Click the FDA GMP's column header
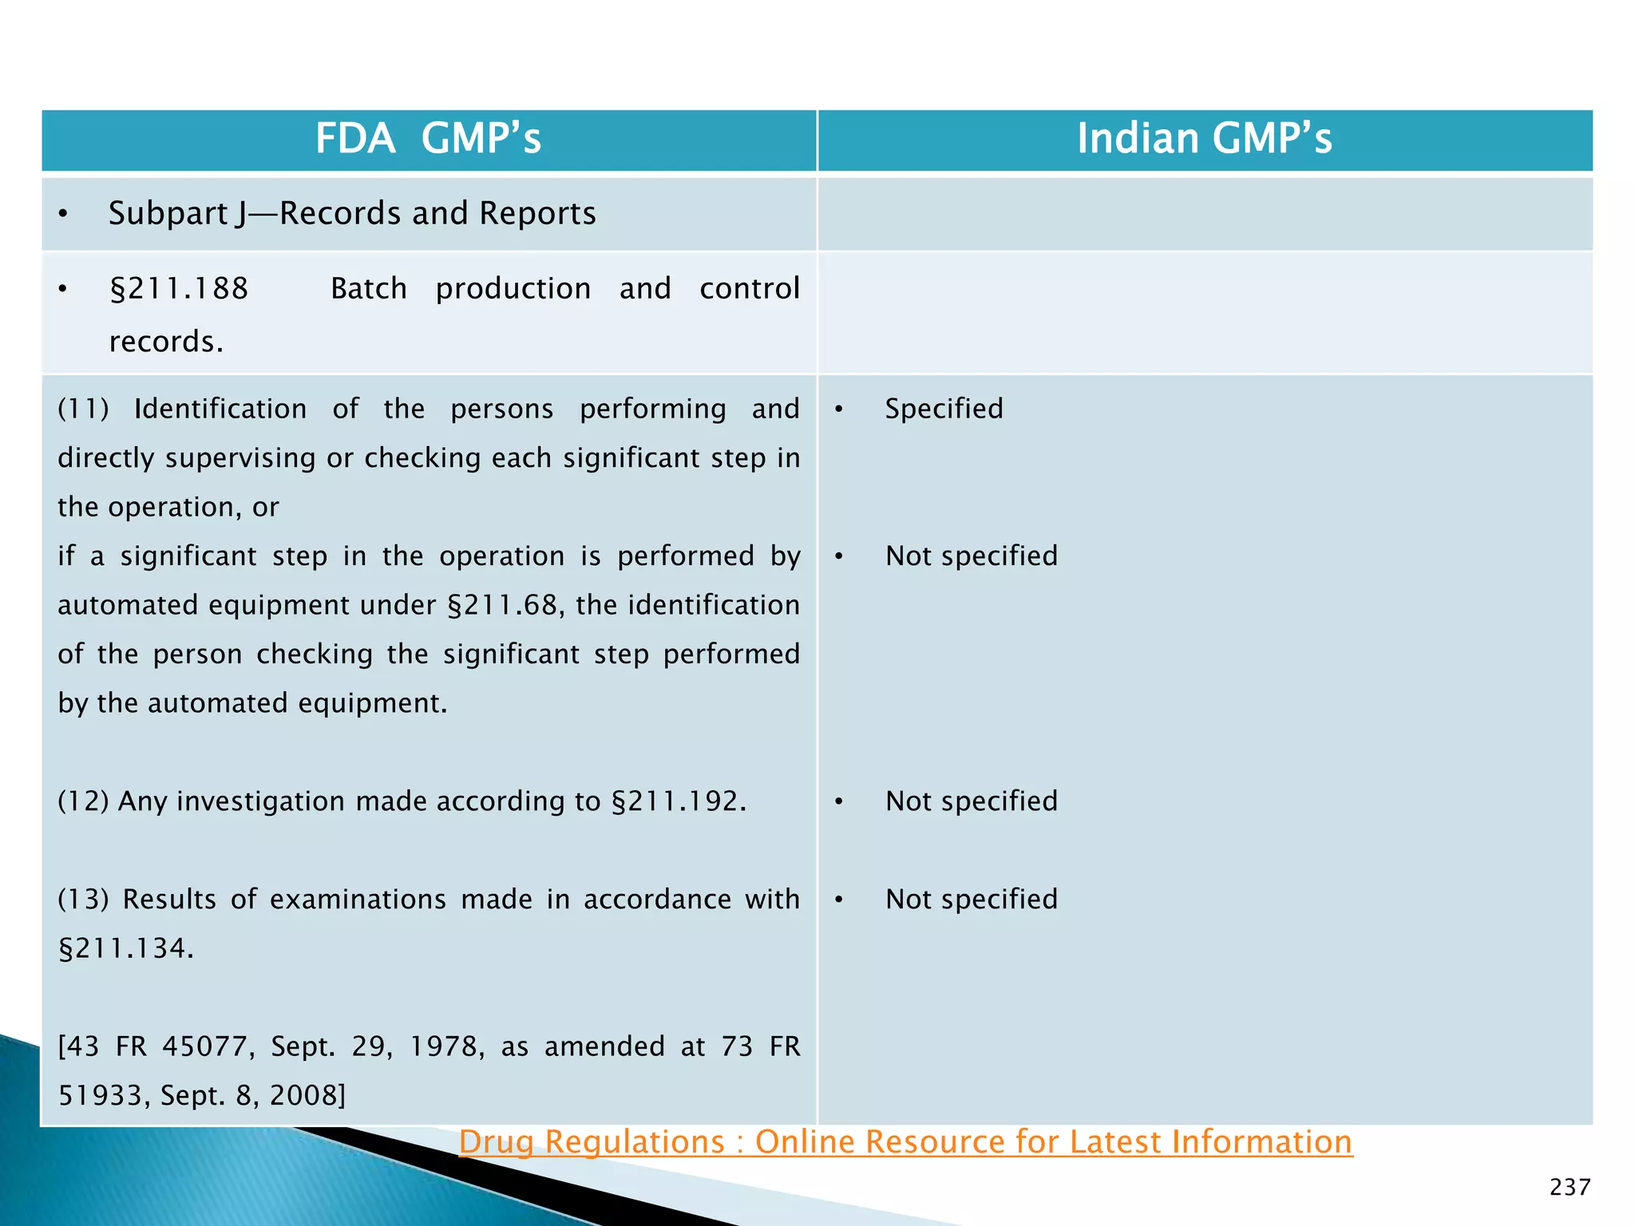pos(428,139)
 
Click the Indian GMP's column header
pos(1204,139)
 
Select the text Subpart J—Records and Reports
pos(352,214)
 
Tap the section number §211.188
pos(180,289)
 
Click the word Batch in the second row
pos(368,289)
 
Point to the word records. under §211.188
pos(166,342)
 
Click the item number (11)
pos(83,409)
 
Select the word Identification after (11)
pos(220,409)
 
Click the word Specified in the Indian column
pos(944,409)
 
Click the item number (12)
pos(83,801)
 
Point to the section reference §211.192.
pos(678,801)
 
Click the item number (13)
pos(83,900)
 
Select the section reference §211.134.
pos(125,949)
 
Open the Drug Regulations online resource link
pos(905,1142)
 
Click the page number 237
pos(1570,1188)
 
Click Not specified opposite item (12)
pos(971,801)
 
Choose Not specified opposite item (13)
pos(971,900)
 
